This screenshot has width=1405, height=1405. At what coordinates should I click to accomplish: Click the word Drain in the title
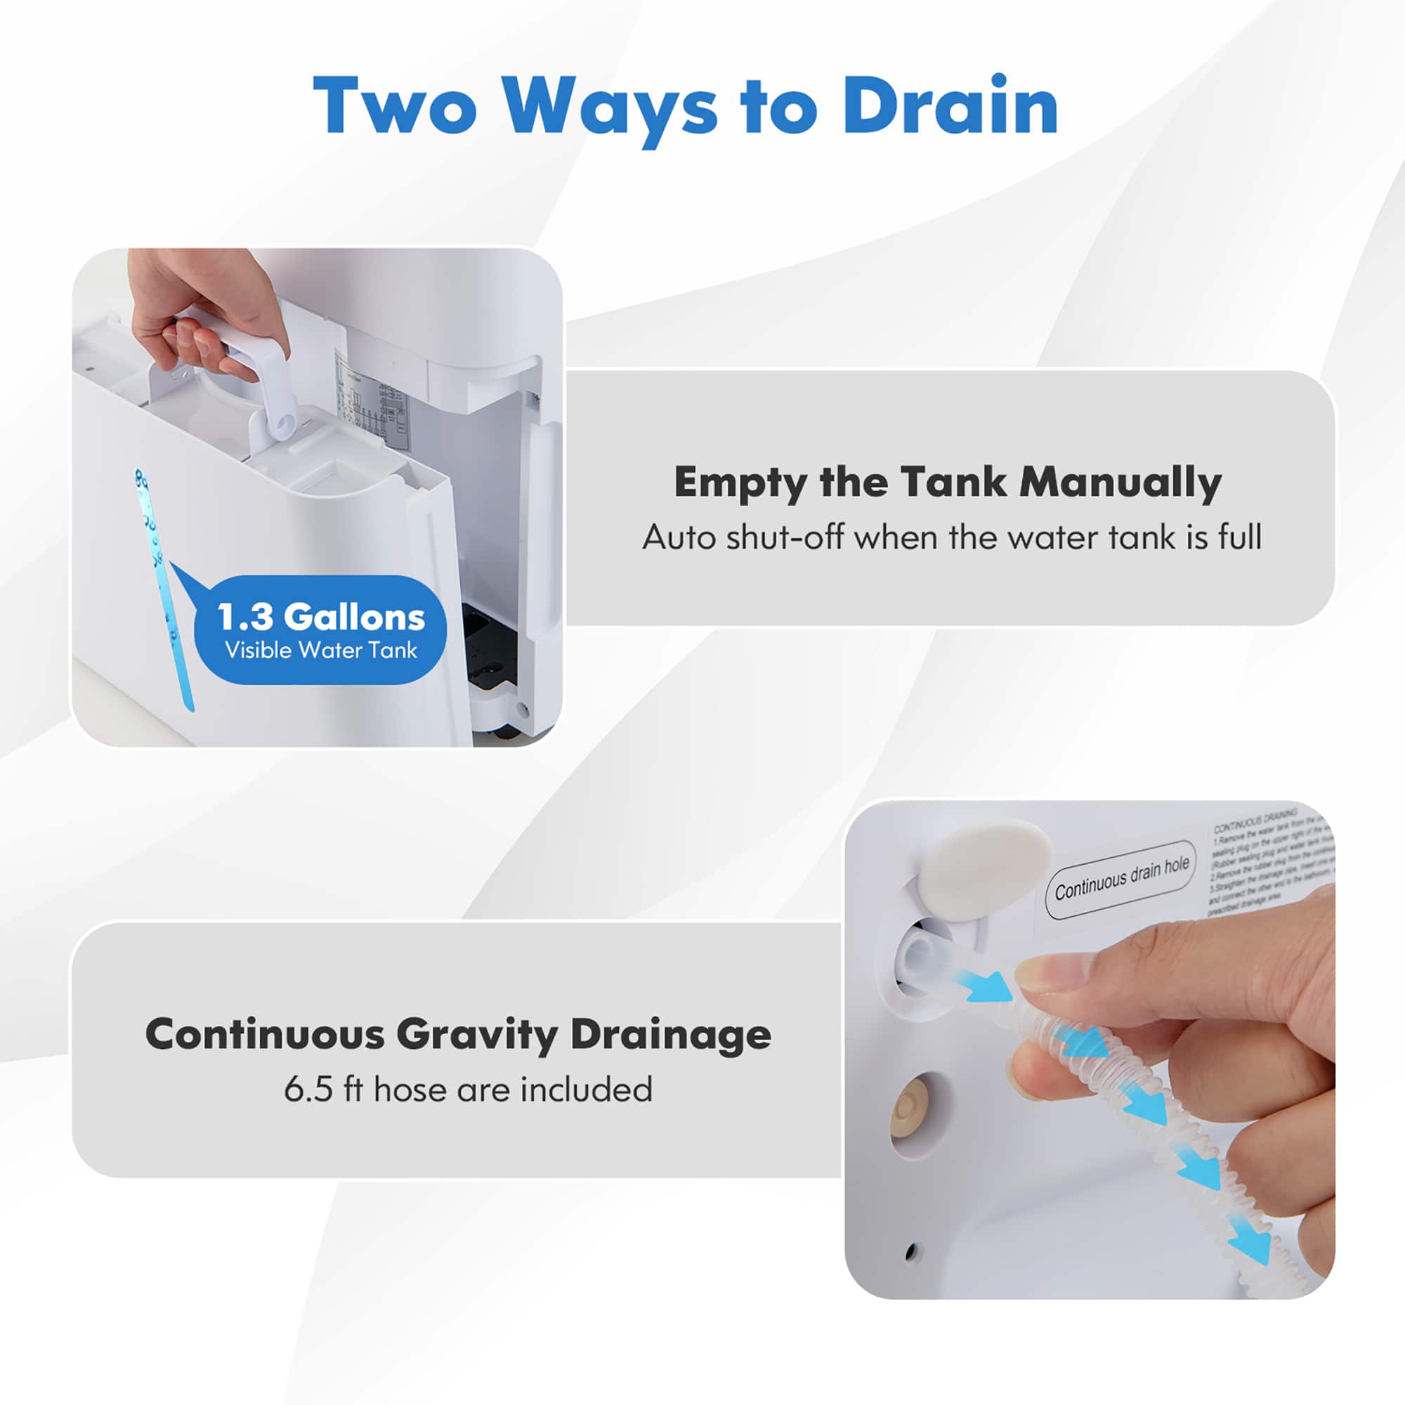click(950, 106)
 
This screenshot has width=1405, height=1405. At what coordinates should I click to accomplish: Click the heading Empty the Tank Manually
click(948, 482)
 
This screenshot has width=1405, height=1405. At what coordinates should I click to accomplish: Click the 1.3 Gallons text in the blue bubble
click(321, 617)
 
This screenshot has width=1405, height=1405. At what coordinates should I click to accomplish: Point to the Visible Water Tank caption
click(321, 649)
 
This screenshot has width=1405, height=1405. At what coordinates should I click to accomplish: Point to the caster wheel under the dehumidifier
click(502, 731)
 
